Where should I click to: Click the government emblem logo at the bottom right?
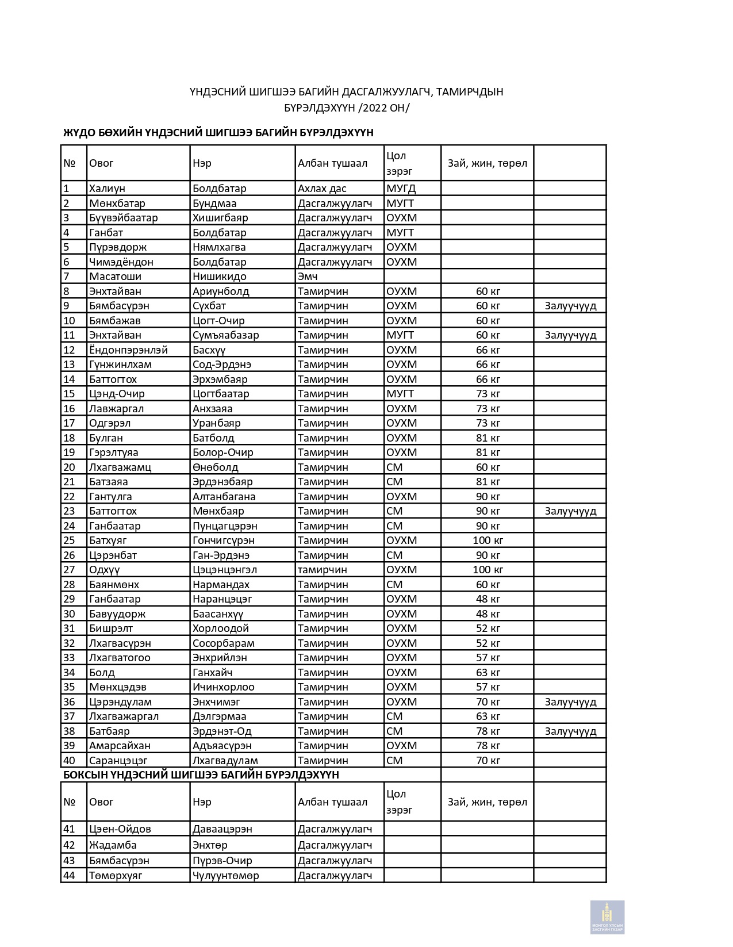[x=607, y=917]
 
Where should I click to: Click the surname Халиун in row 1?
[x=107, y=189]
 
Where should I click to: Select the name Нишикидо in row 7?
[x=219, y=277]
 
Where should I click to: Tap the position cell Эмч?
[x=308, y=277]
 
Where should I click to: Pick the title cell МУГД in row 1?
[x=401, y=189]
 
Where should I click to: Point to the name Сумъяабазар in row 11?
[x=225, y=335]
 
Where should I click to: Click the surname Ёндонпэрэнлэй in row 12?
[x=128, y=350]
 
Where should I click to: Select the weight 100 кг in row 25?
[x=488, y=540]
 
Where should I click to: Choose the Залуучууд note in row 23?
[x=570, y=511]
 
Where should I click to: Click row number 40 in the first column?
[x=69, y=761]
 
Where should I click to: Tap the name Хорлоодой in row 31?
[x=220, y=628]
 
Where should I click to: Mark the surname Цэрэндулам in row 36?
[x=120, y=702]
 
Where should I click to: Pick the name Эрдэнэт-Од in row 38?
[x=222, y=731]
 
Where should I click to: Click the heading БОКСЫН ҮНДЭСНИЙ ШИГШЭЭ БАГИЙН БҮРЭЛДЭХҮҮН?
[x=201, y=775]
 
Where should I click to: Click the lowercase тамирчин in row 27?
[x=322, y=570]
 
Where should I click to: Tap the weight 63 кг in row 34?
[x=488, y=673]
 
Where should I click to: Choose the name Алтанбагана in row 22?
[x=224, y=497]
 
